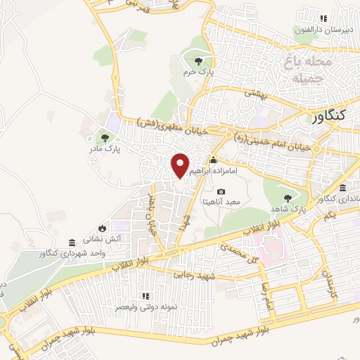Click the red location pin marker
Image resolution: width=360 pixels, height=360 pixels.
click(x=181, y=165)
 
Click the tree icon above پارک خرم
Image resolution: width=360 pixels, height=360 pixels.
click(x=199, y=61)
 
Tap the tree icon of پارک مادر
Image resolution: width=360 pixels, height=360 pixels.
click(x=105, y=138)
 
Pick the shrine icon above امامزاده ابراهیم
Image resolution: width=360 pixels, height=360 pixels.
click(x=214, y=160)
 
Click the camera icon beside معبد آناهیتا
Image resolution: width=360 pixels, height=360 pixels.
click(x=221, y=191)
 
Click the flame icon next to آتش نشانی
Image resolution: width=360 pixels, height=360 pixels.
click(x=103, y=228)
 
